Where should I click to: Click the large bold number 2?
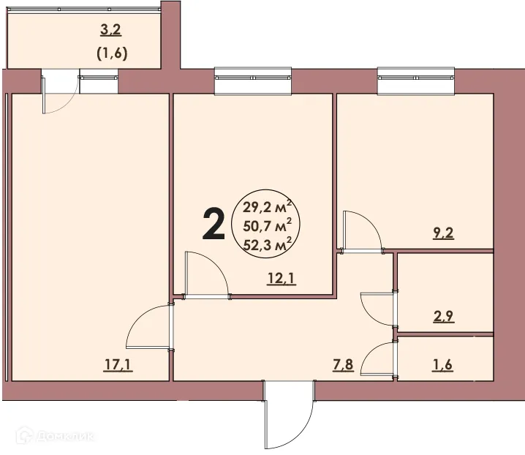(x=213, y=224)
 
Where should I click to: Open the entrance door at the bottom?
(x=288, y=421)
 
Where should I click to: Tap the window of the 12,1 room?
(x=253, y=80)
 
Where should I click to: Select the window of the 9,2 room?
(x=416, y=80)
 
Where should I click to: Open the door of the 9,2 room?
(x=362, y=231)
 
